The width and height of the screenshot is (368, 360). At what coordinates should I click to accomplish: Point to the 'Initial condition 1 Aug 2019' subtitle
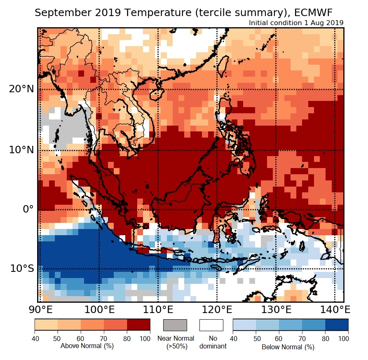point(296,23)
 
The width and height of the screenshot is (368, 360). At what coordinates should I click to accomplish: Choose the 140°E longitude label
point(334,309)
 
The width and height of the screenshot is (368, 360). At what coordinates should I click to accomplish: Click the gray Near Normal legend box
point(175,325)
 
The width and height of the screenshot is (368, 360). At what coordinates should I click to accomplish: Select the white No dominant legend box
point(211,325)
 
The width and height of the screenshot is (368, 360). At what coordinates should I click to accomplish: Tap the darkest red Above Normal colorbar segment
point(138,325)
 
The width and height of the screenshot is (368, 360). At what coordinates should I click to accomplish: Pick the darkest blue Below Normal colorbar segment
point(337,325)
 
